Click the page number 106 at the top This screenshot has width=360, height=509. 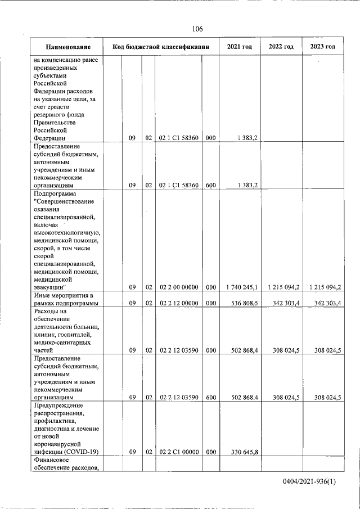197,29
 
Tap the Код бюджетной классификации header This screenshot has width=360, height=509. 161,47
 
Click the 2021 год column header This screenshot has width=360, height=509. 239,47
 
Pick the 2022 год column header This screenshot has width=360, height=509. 281,47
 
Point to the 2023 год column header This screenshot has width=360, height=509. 322,47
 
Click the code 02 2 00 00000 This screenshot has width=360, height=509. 178,287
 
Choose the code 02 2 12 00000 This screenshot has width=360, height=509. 178,303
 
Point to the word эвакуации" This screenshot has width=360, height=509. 50,287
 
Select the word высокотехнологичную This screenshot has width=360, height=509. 67,232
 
